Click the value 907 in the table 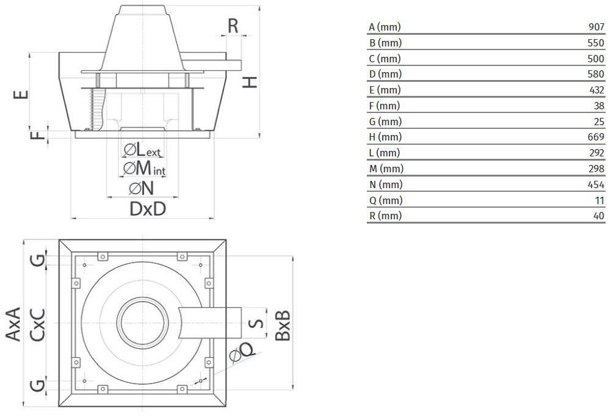pos(596,27)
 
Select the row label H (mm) pos(385,137)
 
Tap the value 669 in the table pos(596,137)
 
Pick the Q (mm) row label pos(385,200)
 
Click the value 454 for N pos(596,184)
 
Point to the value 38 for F pos(599,106)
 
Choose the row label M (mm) pos(386,169)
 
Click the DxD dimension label pos(148,209)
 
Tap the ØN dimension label pos(142,189)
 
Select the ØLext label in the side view pos(142,150)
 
